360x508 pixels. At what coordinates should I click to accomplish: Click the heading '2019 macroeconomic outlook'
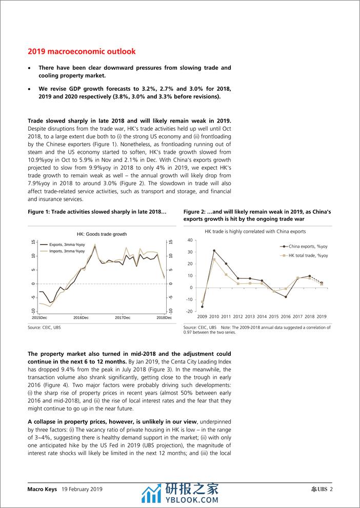pyautogui.click(x=82, y=52)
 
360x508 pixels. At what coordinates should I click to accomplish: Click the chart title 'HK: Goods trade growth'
pyautogui.click(x=102, y=234)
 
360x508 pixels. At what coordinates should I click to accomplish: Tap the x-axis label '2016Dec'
pyautogui.click(x=81, y=318)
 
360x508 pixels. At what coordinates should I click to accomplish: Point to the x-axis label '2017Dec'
pyautogui.click(x=123, y=318)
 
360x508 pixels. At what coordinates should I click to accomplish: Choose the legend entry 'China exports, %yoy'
pyautogui.click(x=308, y=247)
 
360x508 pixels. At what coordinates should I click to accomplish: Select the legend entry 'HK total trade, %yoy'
pyautogui.click(x=308, y=255)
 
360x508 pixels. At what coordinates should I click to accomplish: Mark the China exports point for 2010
pyautogui.click(x=214, y=251)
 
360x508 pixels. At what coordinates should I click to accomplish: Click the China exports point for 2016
pyautogui.click(x=286, y=297)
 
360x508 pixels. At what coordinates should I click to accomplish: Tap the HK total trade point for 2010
pyautogui.click(x=214, y=259)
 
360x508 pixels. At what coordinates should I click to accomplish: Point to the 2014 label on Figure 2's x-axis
pyautogui.click(x=262, y=317)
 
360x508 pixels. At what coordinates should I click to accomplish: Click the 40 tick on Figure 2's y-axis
pyautogui.click(x=190, y=240)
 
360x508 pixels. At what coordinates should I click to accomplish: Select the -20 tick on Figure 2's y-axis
pyautogui.click(x=189, y=311)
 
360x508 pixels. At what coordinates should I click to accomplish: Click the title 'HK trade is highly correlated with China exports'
pyautogui.click(x=255, y=232)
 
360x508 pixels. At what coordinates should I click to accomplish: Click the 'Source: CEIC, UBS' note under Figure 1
pyautogui.click(x=44, y=327)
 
